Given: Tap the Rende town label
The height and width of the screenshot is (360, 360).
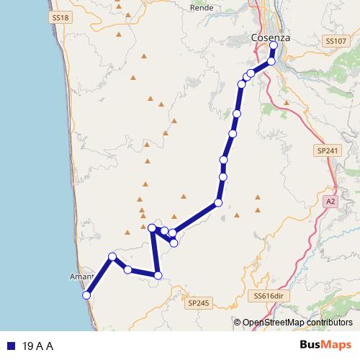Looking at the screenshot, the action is tap(199, 8).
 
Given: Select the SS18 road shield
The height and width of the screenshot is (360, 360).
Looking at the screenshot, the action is tap(60, 15).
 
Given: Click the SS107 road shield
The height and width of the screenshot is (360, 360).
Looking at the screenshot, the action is tap(335, 42).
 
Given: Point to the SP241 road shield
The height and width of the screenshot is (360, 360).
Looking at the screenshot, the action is tap(326, 150).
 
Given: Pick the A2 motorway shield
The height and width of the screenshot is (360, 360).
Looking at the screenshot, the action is tap(330, 201).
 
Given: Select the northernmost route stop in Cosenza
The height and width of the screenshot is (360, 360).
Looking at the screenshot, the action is tap(274, 45).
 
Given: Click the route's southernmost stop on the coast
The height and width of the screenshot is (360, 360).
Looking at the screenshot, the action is tap(86, 295).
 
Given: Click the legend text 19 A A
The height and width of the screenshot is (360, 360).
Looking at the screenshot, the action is tap(39, 346).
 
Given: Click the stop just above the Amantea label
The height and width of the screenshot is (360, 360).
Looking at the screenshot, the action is tap(112, 256).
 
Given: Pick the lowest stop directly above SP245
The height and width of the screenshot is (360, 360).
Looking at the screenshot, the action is tap(158, 275).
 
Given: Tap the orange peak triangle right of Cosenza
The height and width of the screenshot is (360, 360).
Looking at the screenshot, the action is tap(286, 102).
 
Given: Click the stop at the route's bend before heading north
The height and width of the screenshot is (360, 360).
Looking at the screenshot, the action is tap(217, 203).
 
